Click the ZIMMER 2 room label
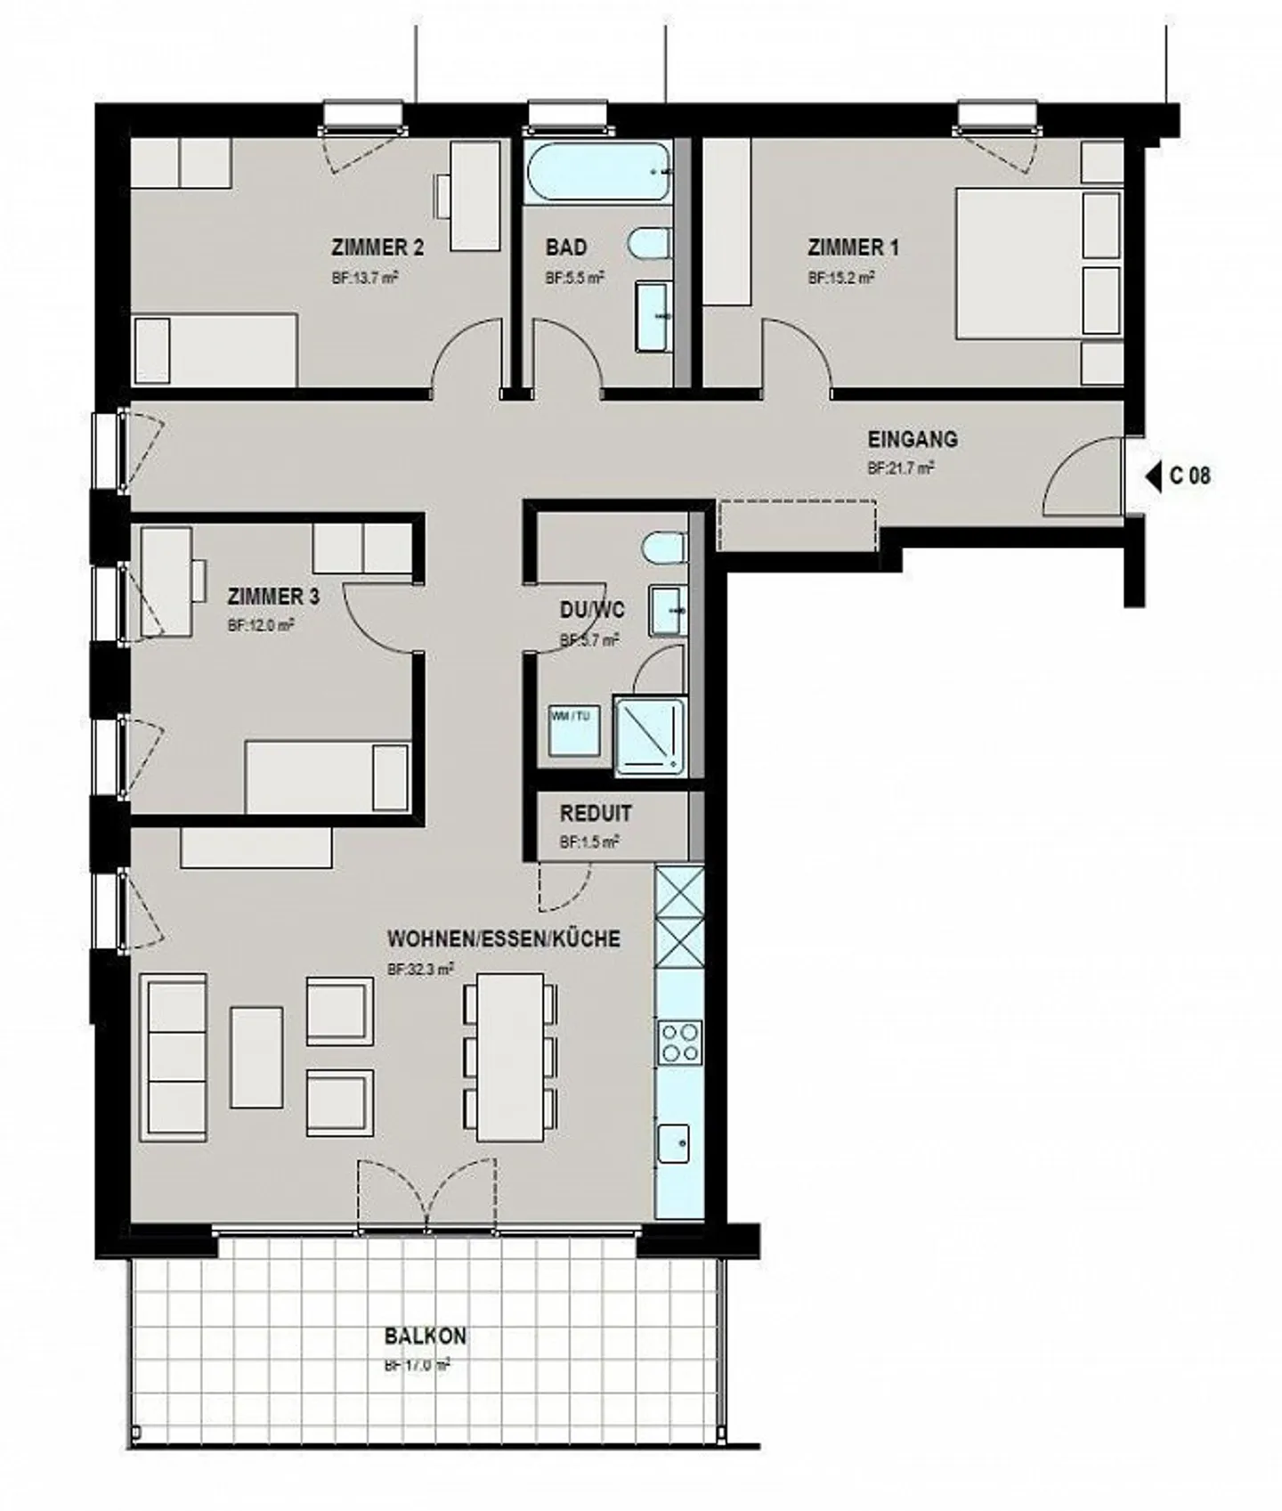click(377, 248)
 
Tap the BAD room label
click(566, 248)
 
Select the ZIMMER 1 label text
click(853, 248)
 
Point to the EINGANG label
click(912, 439)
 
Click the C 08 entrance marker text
click(1189, 475)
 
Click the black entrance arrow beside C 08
click(1154, 476)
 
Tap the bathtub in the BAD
click(596, 171)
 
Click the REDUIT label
click(596, 813)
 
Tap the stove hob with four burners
click(679, 1043)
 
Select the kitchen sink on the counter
click(674, 1143)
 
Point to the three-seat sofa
click(174, 1057)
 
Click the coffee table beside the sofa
click(256, 1057)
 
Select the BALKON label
click(425, 1336)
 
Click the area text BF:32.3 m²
click(420, 969)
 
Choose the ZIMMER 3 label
click(272, 597)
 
